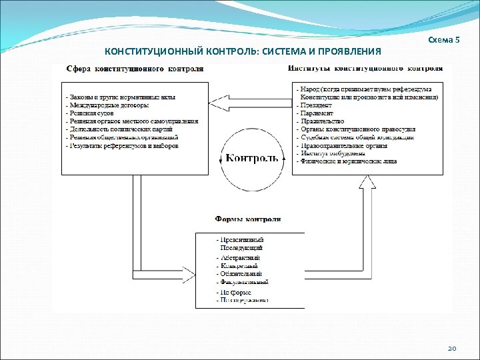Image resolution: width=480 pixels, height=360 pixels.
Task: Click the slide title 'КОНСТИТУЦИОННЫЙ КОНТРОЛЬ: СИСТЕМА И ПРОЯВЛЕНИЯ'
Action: click(243, 51)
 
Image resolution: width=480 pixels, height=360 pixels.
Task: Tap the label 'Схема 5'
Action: click(444, 40)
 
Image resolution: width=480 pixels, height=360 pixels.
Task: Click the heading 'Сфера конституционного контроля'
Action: click(135, 68)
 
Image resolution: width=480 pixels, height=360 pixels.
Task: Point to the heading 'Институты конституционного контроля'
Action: click(365, 68)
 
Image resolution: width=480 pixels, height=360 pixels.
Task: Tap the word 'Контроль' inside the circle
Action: click(252, 158)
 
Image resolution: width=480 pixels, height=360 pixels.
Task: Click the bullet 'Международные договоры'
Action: click(108, 105)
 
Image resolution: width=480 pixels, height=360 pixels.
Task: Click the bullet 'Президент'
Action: click(313, 105)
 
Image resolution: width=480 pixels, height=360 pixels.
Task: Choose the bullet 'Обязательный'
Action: click(241, 273)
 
